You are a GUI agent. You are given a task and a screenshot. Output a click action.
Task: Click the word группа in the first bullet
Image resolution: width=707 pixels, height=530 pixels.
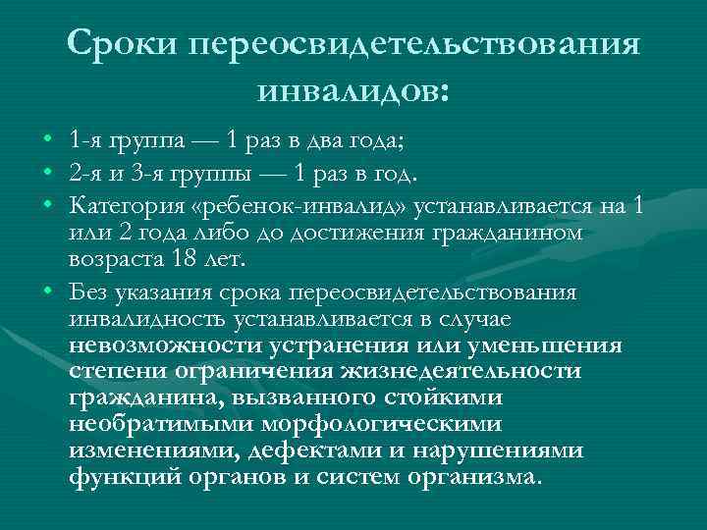tap(151, 139)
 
